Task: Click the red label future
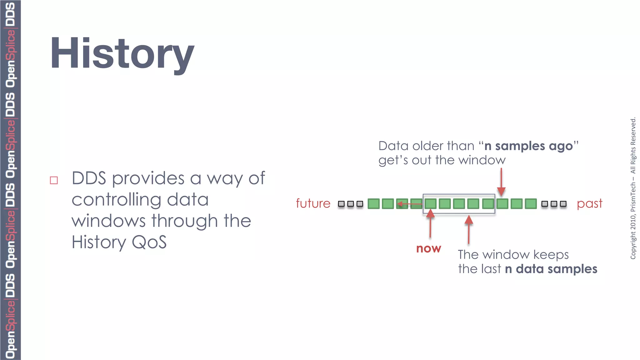[313, 203]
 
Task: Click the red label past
[589, 203]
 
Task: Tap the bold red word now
[428, 248]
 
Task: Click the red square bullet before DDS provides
[54, 180]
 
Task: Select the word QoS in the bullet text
[149, 242]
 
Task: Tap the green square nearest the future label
[373, 204]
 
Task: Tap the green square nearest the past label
[531, 204]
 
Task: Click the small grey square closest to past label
[563, 204]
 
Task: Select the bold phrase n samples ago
[528, 146]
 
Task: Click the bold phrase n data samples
[551, 269]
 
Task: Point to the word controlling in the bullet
[116, 200]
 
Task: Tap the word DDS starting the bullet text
[89, 178]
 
